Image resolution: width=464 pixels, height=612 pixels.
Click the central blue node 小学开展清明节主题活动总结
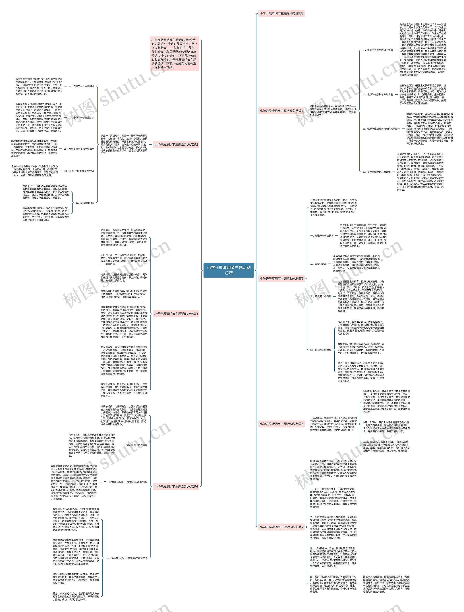(x=229, y=270)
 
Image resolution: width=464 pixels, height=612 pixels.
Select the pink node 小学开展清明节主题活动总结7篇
(x=281, y=13)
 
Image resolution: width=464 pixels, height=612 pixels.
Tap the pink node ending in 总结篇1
(x=281, y=111)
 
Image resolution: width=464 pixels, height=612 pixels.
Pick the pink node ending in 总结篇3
(x=281, y=279)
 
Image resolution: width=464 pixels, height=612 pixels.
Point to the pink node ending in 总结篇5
(x=281, y=424)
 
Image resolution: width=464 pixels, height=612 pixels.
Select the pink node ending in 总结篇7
(x=281, y=527)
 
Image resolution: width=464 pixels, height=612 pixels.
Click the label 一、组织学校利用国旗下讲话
(x=378, y=50)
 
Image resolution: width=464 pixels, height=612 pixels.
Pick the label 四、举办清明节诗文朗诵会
(x=377, y=172)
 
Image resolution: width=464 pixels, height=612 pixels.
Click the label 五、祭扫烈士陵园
(x=85, y=203)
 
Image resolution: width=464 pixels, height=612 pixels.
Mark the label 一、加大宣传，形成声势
(x=134, y=445)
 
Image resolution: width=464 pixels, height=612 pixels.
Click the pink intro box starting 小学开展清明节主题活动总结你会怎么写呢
(x=175, y=54)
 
